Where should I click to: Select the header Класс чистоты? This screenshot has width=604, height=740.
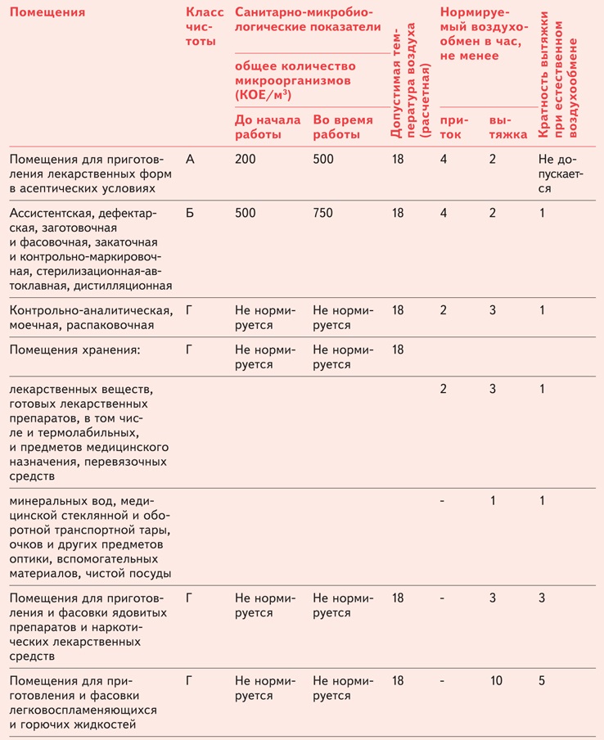204,26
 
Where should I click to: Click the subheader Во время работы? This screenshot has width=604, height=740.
342,126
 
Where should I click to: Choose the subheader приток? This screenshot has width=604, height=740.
451,126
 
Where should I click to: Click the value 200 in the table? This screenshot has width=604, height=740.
245,160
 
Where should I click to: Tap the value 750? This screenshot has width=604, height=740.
323,213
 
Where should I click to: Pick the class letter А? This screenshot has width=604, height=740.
191,160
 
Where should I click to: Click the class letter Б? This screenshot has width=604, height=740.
191,213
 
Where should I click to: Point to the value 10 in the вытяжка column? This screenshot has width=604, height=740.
496,681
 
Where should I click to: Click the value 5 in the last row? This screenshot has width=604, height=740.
542,681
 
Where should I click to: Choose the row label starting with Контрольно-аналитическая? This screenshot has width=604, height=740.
90,318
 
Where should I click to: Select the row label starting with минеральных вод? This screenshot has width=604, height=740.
90,536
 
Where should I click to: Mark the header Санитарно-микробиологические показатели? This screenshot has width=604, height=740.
308,20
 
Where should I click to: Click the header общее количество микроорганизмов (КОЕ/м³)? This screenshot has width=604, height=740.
295,81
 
